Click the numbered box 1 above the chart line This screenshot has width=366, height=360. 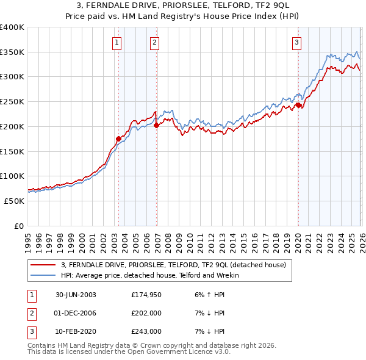coord(116,42)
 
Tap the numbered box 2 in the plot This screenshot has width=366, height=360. coord(155,42)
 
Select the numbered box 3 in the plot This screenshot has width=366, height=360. coord(296,42)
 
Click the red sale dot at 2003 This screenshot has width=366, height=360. coord(118,139)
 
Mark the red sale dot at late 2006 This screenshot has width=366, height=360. coord(156,125)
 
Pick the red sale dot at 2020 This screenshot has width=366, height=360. coord(298,105)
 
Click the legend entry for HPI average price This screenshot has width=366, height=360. coord(150,275)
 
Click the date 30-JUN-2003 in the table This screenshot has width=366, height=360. coord(76,294)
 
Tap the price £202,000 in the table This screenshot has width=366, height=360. coord(146,313)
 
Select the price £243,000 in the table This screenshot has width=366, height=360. coord(146,331)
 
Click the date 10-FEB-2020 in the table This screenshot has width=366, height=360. coord(76,331)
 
